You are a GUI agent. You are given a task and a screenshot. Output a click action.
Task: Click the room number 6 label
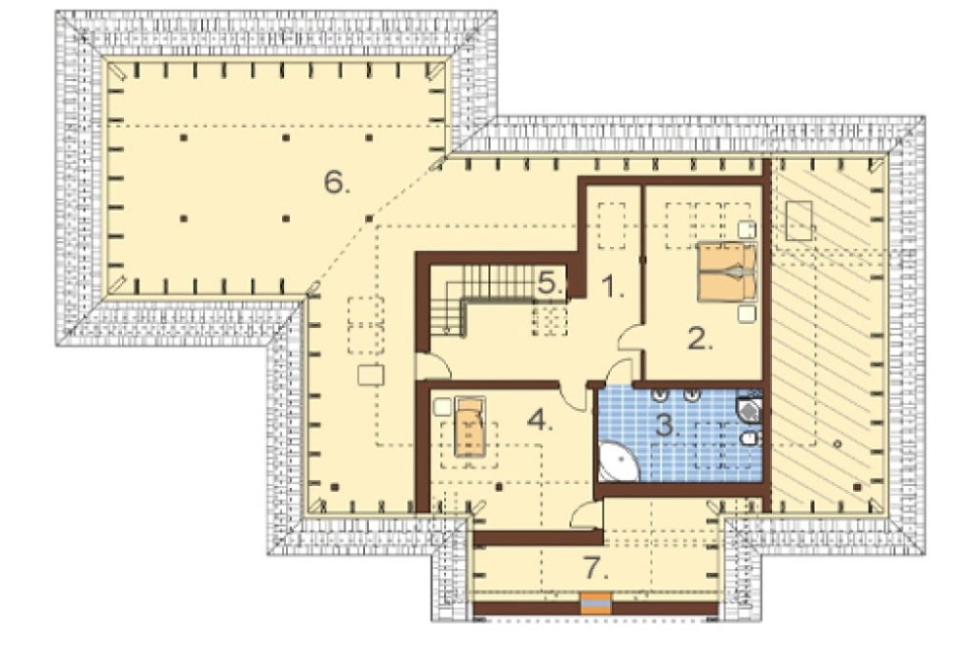pos(337,183)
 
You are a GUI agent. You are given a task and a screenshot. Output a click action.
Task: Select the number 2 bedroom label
pos(700,340)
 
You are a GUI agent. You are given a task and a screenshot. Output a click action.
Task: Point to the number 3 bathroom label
pos(668,427)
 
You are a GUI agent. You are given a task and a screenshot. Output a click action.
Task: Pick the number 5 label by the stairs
pos(550,283)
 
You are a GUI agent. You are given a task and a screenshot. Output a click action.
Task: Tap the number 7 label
pos(595,567)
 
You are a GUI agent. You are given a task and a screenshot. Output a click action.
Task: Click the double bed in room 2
pos(727,272)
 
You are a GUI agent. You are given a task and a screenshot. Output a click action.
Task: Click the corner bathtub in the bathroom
pos(618,462)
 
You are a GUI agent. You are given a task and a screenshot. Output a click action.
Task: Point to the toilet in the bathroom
pos(750,439)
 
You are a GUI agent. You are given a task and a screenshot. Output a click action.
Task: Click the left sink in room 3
pos(661,393)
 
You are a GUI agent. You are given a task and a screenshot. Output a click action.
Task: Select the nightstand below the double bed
pos(747,313)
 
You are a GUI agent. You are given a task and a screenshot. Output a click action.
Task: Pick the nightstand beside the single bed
pos(442,407)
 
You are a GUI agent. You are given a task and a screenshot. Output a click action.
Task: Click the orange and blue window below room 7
pos(595,604)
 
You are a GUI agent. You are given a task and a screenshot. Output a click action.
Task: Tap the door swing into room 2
pos(630,340)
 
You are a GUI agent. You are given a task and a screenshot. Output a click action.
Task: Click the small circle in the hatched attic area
pos(837,444)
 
